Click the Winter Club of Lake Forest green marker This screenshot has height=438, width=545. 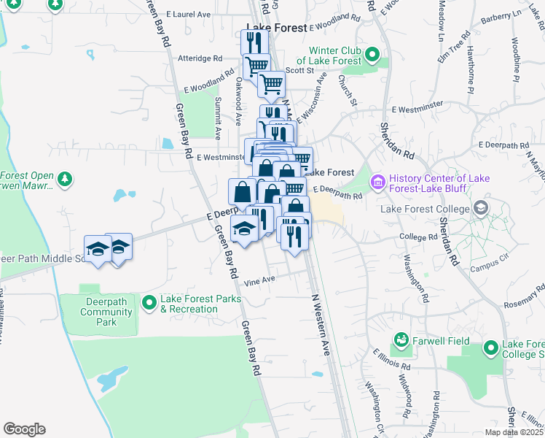pyautogui.click(x=372, y=54)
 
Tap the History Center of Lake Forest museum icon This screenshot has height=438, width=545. pyautogui.click(x=378, y=181)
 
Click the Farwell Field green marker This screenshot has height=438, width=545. pyautogui.click(x=401, y=339)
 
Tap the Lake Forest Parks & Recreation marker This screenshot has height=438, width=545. pyautogui.click(x=149, y=301)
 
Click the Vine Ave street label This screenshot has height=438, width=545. pyautogui.click(x=260, y=280)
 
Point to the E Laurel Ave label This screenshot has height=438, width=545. pyautogui.click(x=188, y=14)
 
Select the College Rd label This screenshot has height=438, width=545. pyautogui.click(x=417, y=237)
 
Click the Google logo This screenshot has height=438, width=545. pyautogui.click(x=24, y=429)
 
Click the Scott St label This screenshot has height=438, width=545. pyautogui.click(x=299, y=71)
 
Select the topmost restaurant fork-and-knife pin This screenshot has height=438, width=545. pyautogui.click(x=252, y=41)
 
